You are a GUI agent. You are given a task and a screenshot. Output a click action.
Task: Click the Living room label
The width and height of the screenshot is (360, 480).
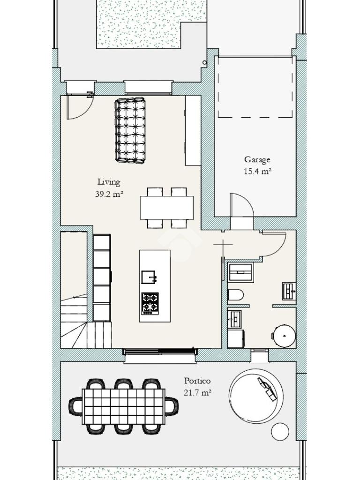pos(109,182)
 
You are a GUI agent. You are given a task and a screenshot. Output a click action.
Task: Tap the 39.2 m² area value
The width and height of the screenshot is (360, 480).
pos(109,194)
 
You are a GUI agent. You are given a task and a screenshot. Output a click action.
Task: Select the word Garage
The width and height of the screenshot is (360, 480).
pos(257,160)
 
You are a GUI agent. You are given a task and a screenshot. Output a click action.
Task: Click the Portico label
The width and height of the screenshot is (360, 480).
pos(197,381)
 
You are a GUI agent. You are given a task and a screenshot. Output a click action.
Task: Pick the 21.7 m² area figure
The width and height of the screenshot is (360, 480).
pos(198,392)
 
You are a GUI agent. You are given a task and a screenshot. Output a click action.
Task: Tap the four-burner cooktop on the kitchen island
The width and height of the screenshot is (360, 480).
pos(150,303)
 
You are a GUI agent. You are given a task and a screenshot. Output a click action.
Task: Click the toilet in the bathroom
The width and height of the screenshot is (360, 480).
pos(236,295)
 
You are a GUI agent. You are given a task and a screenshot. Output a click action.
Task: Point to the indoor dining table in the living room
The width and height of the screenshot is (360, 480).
pos(167,208)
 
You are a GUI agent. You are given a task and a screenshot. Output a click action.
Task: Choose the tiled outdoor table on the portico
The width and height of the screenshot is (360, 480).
pos(124,406)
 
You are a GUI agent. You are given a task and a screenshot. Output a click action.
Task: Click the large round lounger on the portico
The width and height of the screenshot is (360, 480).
pos(255,396)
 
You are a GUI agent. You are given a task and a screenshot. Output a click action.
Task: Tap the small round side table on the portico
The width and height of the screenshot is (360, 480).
pos(280,431)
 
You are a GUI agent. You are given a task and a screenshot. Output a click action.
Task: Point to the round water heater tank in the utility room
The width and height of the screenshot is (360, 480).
pos(285,336)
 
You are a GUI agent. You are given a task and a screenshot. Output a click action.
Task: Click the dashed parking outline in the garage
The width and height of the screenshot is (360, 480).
pos(255,87)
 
